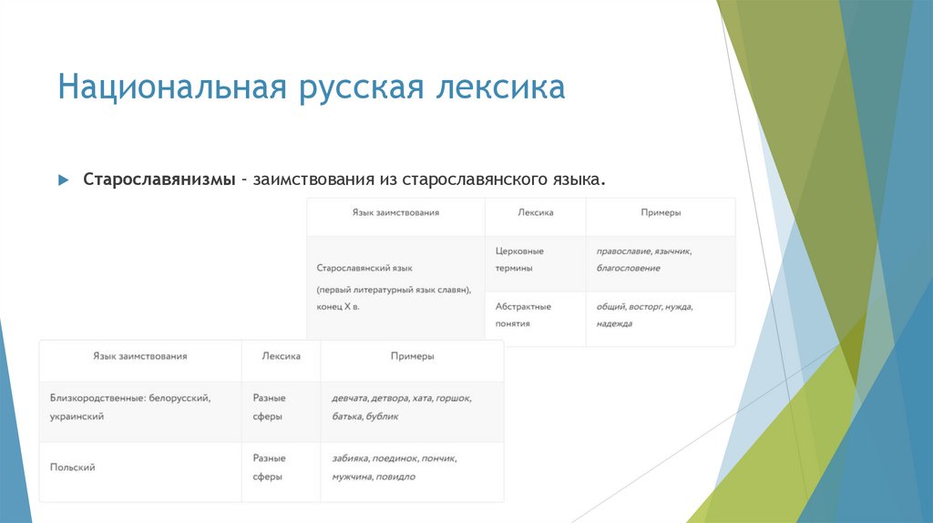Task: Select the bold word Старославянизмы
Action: [159, 179]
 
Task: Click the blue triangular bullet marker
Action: [64, 179]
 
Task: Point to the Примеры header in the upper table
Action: [661, 212]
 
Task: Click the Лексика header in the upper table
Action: [536, 212]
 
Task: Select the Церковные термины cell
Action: [520, 259]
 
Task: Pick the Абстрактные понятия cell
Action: [524, 314]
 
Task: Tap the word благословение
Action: [629, 269]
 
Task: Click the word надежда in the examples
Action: [615, 324]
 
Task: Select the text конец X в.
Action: [339, 307]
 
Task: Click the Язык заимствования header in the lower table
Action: [140, 356]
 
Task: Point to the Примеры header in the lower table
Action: [412, 356]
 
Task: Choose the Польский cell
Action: [73, 467]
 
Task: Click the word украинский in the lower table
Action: [77, 416]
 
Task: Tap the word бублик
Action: [383, 416]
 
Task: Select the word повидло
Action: [395, 477]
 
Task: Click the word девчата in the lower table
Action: [350, 399]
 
